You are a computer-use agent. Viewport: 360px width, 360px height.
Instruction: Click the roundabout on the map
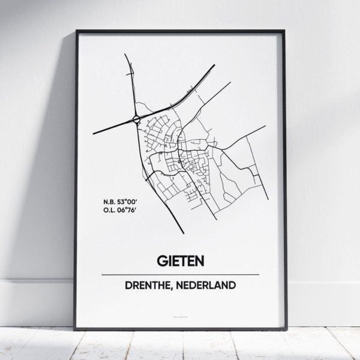tap(137, 119)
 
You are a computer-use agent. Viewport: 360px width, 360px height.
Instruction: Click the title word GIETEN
tap(180, 261)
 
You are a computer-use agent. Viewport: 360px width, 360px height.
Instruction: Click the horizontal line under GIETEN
tap(180, 274)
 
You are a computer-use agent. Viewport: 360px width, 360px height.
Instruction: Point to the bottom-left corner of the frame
tap(75, 329)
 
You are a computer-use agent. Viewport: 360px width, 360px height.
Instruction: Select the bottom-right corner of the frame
tap(286, 329)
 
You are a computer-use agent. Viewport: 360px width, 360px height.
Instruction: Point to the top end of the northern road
tap(125, 55)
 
